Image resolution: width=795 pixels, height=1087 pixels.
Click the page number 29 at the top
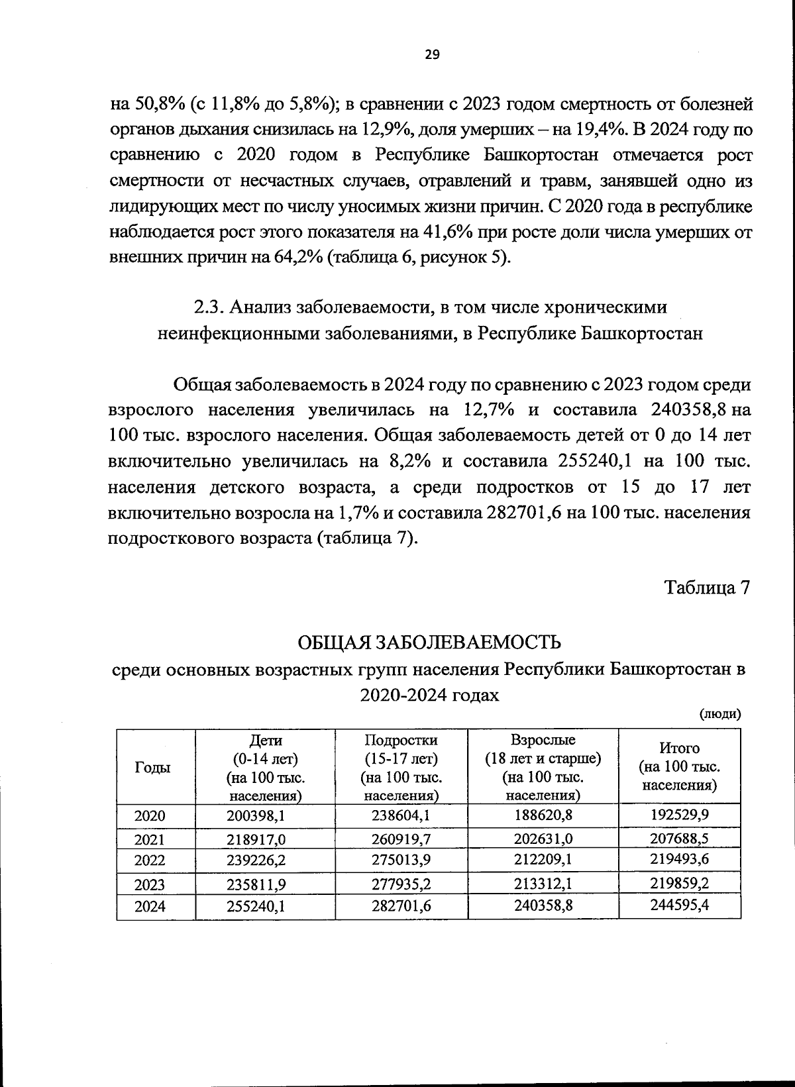pos(431,55)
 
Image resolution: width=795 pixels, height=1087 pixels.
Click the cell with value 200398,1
pos(256,815)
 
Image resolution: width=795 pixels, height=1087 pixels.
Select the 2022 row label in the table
pos(150,860)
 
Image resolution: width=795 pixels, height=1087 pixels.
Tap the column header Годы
pos(152,767)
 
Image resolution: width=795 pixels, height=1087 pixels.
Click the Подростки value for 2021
pos(401,839)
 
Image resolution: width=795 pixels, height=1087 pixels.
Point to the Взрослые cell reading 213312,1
pos(543,884)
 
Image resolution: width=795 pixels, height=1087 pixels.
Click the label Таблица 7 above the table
pos(707,588)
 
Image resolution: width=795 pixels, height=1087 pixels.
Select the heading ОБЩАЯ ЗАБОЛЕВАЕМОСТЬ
pos(429,643)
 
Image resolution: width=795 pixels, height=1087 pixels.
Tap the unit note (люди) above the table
pos(720,714)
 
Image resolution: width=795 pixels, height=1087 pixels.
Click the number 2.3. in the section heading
pos(209,307)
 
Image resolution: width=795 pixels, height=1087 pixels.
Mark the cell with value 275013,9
pos(401,860)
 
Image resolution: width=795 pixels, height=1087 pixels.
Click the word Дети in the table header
pos(265,740)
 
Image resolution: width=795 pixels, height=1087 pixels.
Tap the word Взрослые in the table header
pos(543,740)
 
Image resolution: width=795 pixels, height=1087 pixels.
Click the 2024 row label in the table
pos(150,907)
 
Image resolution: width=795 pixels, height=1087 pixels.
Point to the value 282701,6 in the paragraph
pos(525,513)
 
